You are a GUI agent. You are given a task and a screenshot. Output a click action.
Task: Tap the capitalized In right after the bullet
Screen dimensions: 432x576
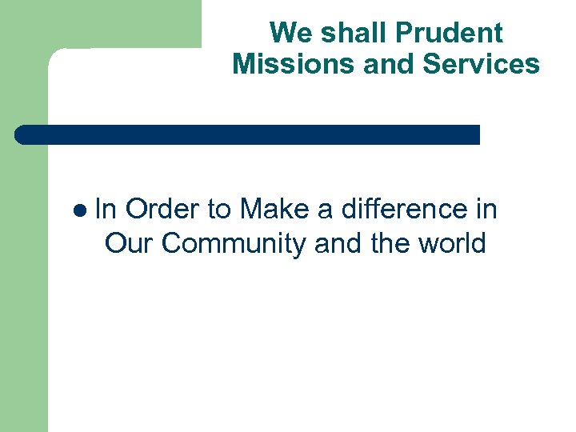(x=106, y=210)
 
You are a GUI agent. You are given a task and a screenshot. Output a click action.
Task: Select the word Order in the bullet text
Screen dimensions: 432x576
(x=162, y=210)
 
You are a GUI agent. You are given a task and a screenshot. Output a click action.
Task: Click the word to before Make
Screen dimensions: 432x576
(x=220, y=210)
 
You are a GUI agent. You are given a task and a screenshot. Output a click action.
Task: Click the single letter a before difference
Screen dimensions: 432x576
(x=326, y=211)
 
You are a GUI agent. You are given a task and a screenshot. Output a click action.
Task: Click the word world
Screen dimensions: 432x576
(x=453, y=243)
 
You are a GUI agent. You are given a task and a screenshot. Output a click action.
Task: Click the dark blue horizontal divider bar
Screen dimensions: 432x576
(x=248, y=134)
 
